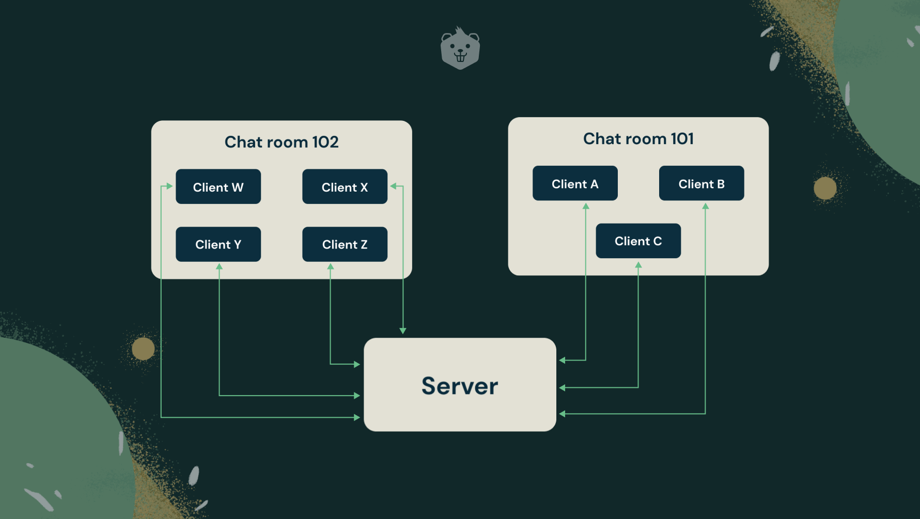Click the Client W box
(218, 186)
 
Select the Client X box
(345, 186)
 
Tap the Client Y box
(218, 244)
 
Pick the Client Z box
(345, 244)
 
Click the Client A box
(575, 183)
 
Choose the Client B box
(701, 183)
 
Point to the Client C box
(638, 241)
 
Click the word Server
(460, 386)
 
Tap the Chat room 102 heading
(282, 142)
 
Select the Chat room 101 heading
(638, 139)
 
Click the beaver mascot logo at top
(460, 49)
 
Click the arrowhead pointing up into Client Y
(219, 266)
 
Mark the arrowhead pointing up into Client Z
(331, 266)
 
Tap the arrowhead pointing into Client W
(170, 186)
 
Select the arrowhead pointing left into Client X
(393, 186)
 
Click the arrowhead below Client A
(586, 206)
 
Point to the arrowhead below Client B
(705, 206)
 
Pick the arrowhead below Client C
(638, 264)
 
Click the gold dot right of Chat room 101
(825, 188)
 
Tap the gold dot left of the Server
(143, 349)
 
